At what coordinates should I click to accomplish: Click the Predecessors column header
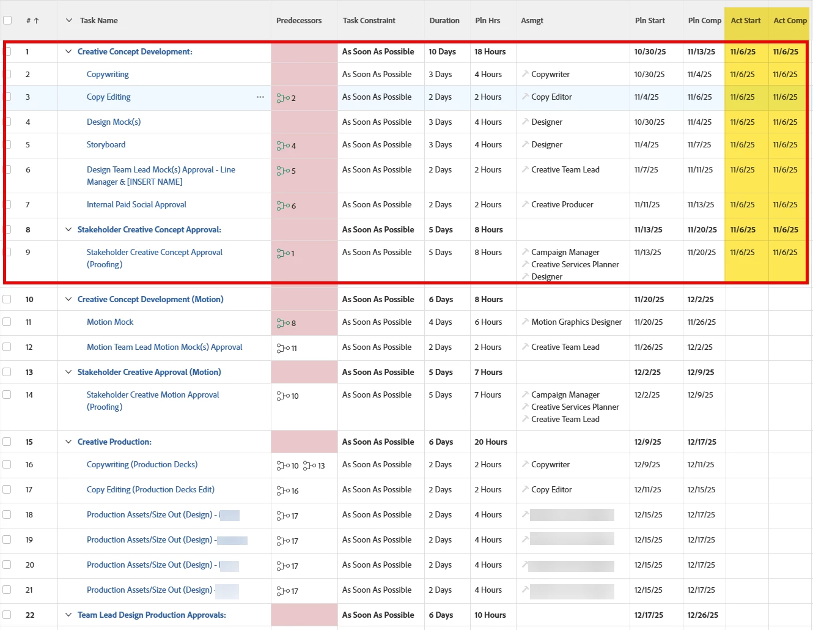tap(298, 21)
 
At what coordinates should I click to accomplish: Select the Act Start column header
tap(745, 21)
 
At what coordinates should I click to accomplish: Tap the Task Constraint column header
tap(369, 21)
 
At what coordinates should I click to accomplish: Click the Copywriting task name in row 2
tap(108, 75)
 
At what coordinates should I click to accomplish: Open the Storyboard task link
tap(106, 145)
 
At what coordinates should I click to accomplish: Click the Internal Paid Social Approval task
tap(136, 205)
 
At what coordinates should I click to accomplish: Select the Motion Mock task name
tap(110, 322)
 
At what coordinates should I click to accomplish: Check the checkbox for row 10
tap(7, 299)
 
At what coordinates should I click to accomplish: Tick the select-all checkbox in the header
tap(7, 20)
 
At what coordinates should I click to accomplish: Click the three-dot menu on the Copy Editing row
tap(260, 97)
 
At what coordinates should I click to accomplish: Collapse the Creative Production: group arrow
tap(68, 442)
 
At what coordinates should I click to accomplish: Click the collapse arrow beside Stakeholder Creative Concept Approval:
tap(68, 229)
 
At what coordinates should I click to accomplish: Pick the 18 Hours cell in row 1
tap(490, 52)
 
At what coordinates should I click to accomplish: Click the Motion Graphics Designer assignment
tap(576, 322)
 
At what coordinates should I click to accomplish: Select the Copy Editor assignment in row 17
tap(551, 490)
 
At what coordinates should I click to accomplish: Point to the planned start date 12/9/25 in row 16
tap(647, 465)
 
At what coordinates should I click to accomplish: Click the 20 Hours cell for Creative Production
tap(490, 442)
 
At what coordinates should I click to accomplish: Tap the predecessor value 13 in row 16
tap(320, 466)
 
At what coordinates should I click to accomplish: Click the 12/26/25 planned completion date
tap(702, 615)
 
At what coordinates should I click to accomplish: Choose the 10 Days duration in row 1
tap(442, 52)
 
